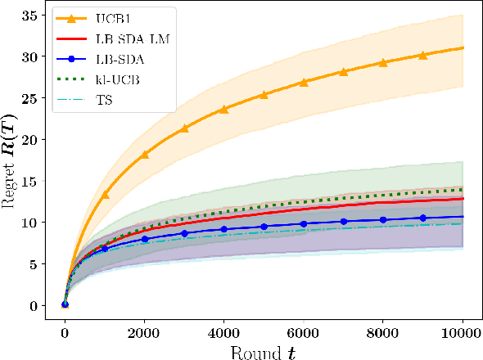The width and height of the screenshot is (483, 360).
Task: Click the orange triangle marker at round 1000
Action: click(105, 195)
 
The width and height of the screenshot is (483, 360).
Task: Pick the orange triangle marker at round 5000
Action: click(264, 95)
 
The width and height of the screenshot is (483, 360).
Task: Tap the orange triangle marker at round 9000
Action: click(423, 56)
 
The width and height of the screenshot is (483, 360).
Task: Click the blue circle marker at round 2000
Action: click(145, 239)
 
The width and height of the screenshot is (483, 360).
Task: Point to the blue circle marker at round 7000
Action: click(344, 222)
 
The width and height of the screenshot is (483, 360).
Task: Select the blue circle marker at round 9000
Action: click(423, 218)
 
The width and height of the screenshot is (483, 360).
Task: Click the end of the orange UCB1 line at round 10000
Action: click(463, 47)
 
